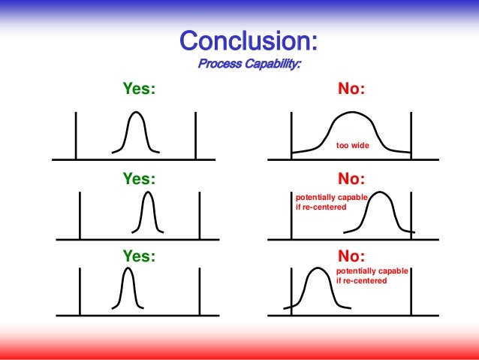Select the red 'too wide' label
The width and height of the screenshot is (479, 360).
352,144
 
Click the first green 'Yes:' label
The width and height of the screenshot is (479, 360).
139,89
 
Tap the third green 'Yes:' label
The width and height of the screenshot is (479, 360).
139,256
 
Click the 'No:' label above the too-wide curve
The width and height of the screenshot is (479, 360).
351,89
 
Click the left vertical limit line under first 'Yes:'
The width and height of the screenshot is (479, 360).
76,135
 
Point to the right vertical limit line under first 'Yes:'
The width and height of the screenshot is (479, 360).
196,135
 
